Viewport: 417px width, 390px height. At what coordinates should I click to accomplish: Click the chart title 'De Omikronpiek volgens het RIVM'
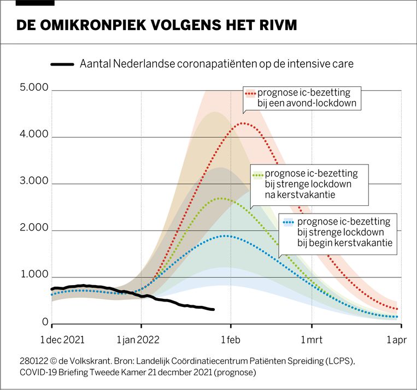157,26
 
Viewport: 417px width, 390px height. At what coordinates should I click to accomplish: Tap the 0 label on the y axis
45,323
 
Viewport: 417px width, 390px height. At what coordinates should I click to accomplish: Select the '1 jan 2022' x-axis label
138,340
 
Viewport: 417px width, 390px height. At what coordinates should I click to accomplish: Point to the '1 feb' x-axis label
231,340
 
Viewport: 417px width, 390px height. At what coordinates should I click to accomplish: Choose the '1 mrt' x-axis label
311,340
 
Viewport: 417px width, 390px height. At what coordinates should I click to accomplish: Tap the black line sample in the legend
62,64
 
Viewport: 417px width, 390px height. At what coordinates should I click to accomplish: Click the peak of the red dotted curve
242,123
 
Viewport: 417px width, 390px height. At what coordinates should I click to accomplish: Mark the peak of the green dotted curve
220,198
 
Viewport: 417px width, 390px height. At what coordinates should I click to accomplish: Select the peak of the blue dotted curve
224,236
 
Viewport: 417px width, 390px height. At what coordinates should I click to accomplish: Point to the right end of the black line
213,310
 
